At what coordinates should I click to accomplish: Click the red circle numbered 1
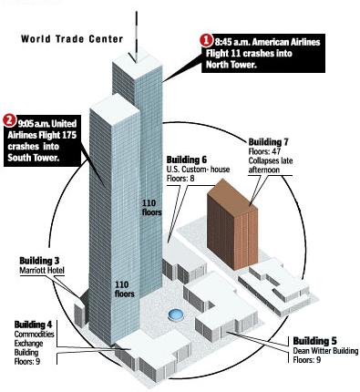pos(206,41)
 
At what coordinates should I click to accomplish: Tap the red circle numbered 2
pos(8,120)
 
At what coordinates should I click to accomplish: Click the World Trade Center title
pos(72,39)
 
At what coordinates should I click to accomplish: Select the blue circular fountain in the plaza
pos(176,315)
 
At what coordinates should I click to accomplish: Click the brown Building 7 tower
pos(232,224)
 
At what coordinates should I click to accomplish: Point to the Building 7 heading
pos(268,142)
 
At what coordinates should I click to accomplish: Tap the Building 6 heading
pos(187,160)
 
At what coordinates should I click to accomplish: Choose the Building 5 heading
pos(314,341)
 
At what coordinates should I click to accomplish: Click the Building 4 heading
pos(33,325)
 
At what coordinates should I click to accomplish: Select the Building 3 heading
pos(39,261)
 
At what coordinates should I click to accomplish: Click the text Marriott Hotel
pos(42,271)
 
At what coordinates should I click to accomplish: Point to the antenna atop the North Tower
pos(137,36)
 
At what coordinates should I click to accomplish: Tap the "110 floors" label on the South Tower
pos(125,289)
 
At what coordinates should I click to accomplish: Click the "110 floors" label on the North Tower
pos(152,208)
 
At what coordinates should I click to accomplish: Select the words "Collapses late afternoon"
pos(271,165)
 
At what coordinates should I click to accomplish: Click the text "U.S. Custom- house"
pos(198,170)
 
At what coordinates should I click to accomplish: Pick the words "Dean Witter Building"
pos(325,351)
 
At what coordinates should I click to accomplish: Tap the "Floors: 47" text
pos(264,151)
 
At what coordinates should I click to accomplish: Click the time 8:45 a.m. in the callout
pos(232,42)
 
